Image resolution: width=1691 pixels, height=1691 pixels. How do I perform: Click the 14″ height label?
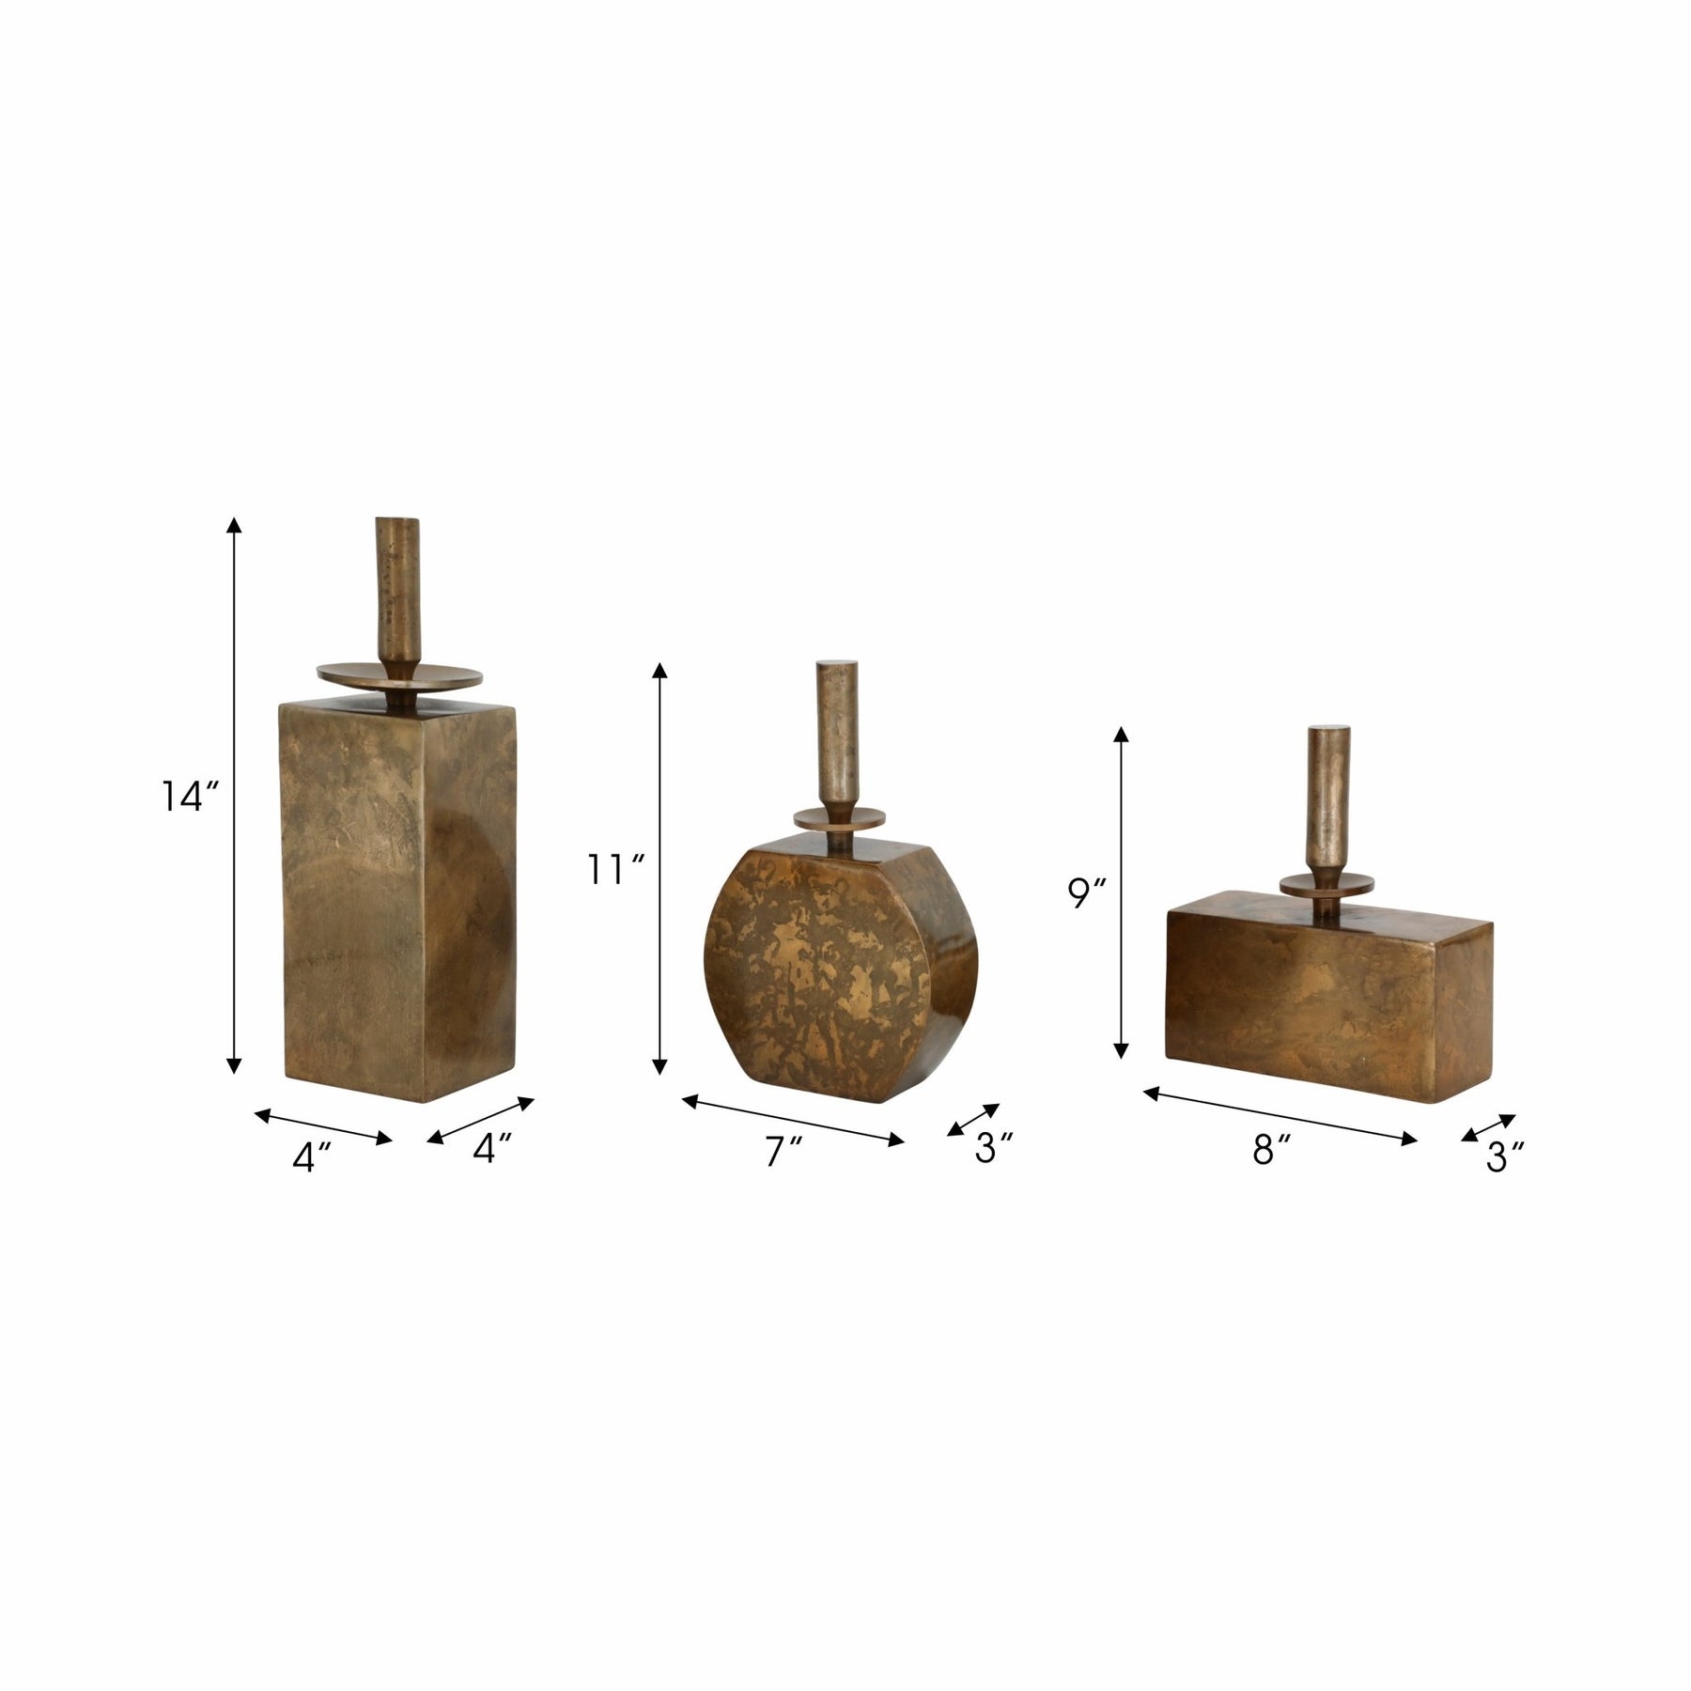190,771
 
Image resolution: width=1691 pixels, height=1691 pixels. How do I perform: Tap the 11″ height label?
615,871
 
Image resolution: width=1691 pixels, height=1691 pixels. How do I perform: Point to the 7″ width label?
783,1152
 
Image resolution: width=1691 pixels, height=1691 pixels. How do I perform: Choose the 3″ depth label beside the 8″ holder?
1504,1156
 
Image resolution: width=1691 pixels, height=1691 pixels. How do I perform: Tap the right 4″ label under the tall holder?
491,1149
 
